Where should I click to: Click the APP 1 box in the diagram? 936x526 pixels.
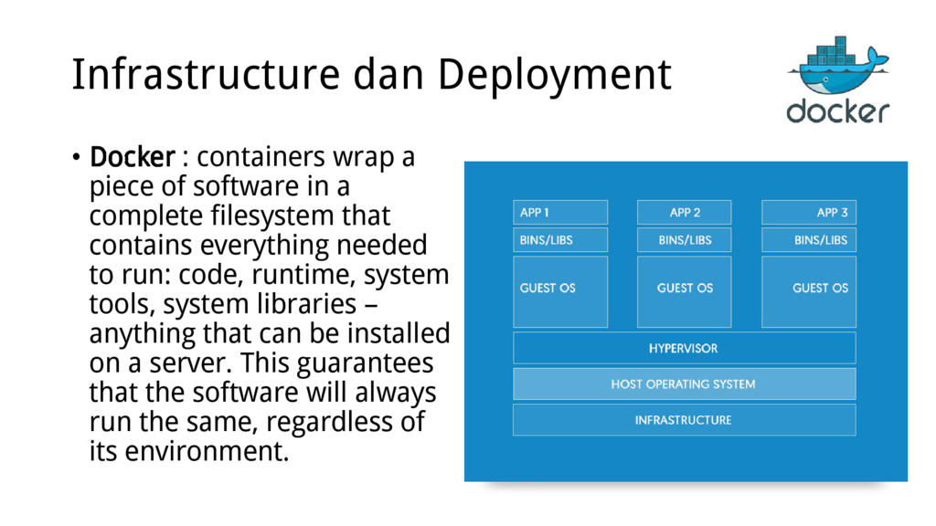[560, 213]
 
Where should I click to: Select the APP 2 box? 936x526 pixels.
[684, 213]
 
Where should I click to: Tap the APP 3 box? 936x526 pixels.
[808, 213]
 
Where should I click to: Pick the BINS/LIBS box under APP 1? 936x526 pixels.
[560, 240]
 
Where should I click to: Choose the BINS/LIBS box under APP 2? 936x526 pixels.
[684, 240]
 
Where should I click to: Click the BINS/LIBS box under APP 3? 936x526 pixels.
[808, 240]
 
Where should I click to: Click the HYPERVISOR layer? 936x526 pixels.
[684, 348]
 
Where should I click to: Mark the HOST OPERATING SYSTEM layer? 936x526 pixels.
[684, 384]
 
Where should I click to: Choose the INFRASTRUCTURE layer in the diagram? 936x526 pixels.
[684, 420]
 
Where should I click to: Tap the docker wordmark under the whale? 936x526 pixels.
[837, 110]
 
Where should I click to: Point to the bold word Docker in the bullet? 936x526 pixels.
[132, 158]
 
